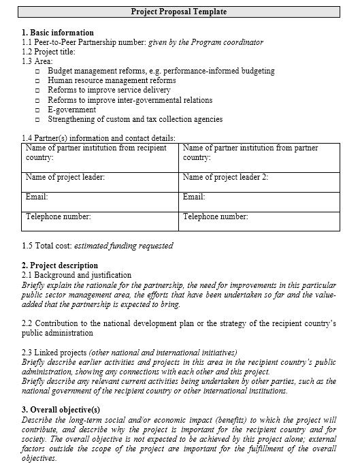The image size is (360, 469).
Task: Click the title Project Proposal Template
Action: coord(178,12)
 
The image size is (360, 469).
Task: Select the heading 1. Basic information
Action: coord(58,33)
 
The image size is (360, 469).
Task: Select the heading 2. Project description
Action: coord(60,265)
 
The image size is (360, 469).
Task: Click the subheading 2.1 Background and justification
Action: coord(77,275)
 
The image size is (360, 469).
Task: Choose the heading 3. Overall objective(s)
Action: coord(61,410)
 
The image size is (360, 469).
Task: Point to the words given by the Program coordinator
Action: coord(206,42)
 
